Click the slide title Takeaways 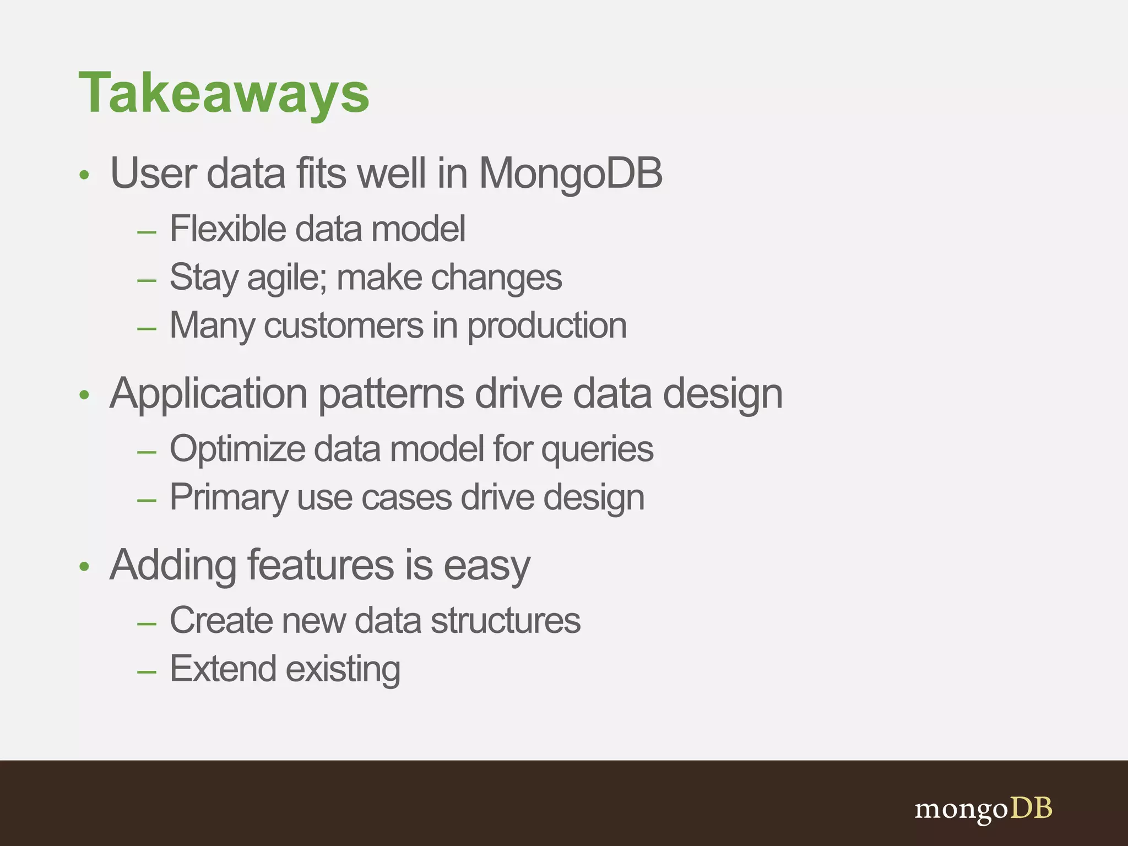224,94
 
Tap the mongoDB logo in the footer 983,809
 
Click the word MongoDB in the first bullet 570,173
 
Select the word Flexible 227,229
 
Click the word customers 344,326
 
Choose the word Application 208,395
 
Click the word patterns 391,395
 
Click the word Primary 229,498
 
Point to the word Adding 173,566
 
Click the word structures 505,621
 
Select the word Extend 223,669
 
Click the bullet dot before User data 84,176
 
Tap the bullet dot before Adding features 84,567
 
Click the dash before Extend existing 147,672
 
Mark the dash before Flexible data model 147,232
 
